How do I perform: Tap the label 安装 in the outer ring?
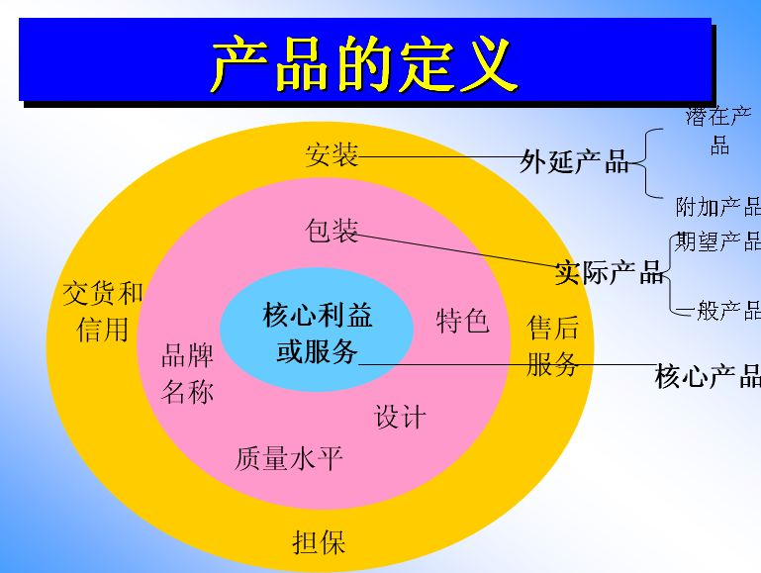(332, 155)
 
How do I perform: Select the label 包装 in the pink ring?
(332, 232)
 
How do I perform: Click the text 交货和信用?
(103, 311)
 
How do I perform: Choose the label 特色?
(463, 321)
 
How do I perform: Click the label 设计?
(400, 417)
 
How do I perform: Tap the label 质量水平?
(289, 458)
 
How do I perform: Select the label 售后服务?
(552, 346)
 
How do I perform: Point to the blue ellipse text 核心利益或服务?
(318, 334)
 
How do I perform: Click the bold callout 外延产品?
(574, 162)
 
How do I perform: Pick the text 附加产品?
(718, 207)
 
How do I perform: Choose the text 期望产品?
(718, 241)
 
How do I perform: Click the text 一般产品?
(718, 311)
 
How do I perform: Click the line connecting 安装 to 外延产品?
(439, 156)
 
